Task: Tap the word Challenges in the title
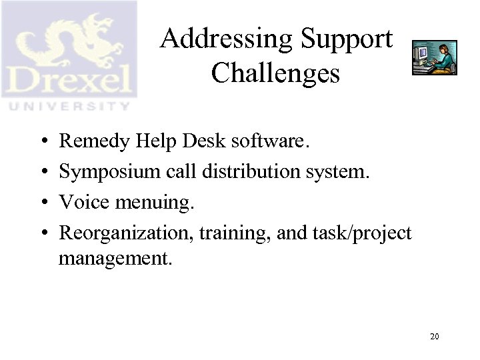[x=275, y=73]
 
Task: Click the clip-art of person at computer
[x=435, y=57]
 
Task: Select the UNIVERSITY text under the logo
[x=69, y=106]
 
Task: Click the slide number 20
[x=434, y=337]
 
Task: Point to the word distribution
[x=243, y=171]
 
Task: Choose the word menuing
[x=151, y=203]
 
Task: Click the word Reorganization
[x=119, y=233]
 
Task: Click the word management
[x=115, y=258]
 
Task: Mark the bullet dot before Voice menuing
[x=41, y=203]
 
